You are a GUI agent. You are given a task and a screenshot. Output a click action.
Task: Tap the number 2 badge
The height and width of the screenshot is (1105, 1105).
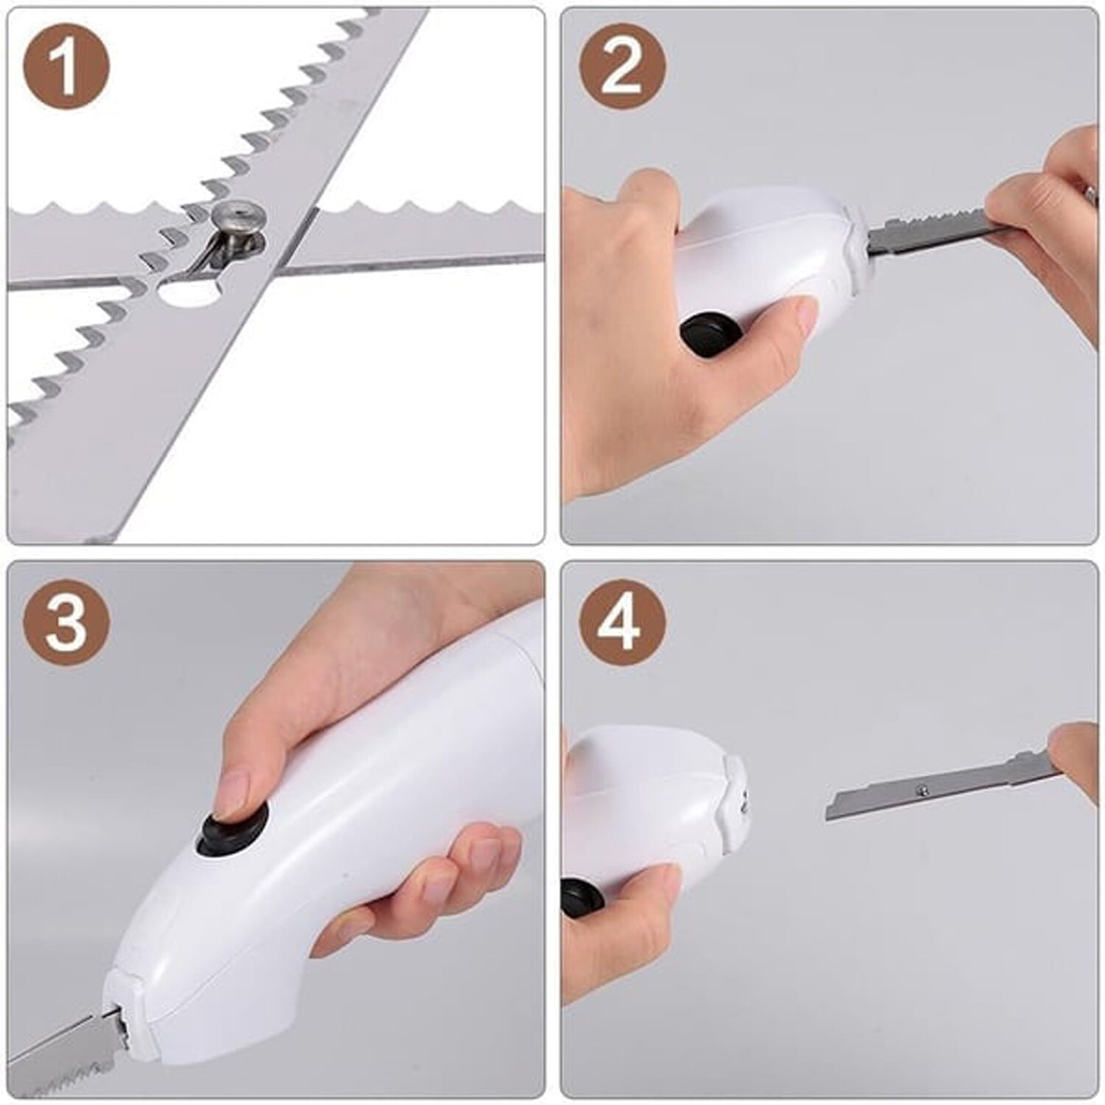pos(622,69)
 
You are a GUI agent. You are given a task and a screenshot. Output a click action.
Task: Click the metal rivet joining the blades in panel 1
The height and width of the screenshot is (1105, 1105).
pos(236,220)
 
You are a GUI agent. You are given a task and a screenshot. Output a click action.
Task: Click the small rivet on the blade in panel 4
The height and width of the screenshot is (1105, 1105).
pos(921,790)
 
